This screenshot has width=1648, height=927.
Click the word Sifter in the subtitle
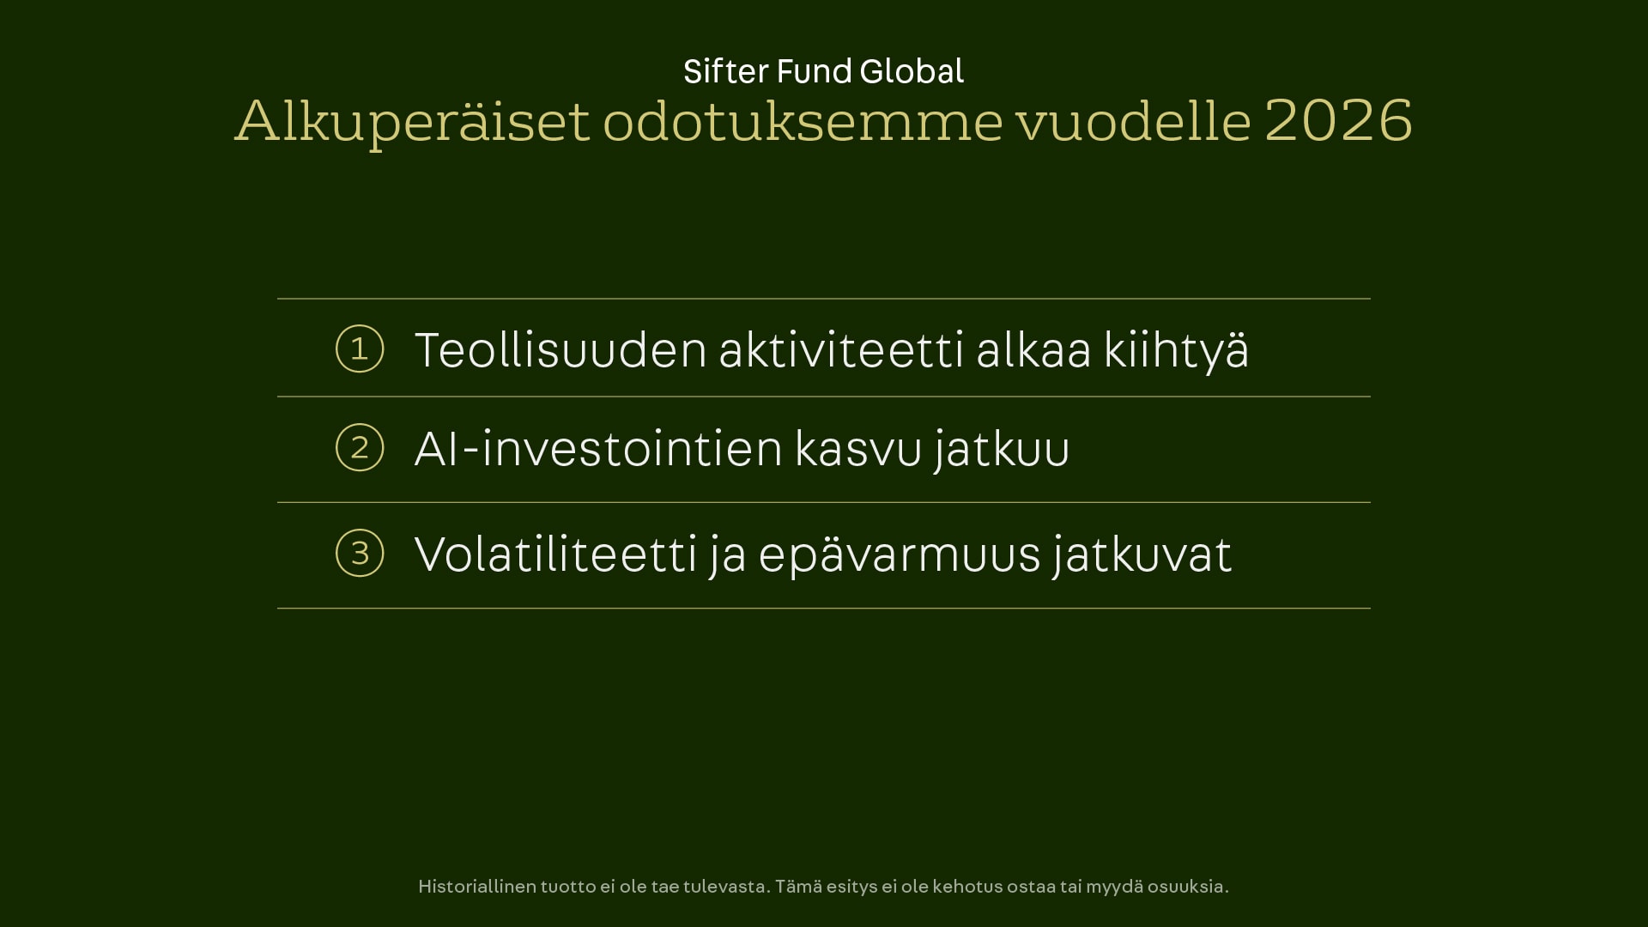coord(725,70)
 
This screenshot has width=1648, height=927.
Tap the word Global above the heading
coord(912,70)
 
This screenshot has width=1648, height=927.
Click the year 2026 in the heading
coord(1338,120)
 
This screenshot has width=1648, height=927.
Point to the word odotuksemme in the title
coord(803,121)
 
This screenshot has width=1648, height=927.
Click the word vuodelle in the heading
coord(1134,121)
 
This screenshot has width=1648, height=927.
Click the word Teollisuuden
coord(560,349)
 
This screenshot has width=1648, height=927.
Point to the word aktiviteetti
coord(841,349)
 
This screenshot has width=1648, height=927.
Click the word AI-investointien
coord(598,448)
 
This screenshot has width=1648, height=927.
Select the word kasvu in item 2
coord(858,448)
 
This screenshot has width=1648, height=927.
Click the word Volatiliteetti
coord(555,554)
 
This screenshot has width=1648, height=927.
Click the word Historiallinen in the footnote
coord(477,886)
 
